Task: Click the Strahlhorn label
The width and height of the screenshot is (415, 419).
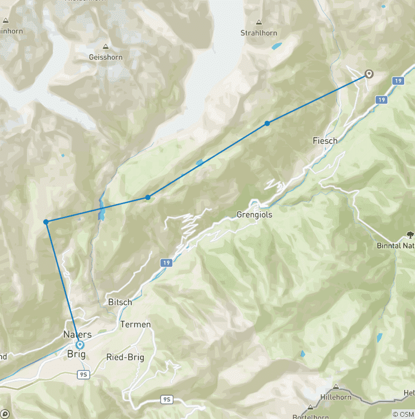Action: click(258, 33)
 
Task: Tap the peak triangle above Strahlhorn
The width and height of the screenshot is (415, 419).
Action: click(259, 23)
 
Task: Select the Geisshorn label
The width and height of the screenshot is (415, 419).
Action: click(105, 57)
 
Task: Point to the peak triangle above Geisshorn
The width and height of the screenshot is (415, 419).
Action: click(105, 47)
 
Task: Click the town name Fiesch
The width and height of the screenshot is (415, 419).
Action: click(325, 141)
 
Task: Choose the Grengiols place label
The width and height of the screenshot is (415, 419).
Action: click(254, 215)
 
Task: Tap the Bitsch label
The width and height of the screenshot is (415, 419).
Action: click(120, 302)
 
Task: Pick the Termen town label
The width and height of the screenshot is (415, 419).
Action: click(136, 325)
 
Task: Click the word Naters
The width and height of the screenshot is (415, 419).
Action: click(77, 335)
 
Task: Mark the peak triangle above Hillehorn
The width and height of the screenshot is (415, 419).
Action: click(336, 387)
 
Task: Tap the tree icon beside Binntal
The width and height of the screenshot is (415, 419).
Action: click(409, 235)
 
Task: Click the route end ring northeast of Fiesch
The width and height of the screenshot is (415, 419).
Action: click(369, 74)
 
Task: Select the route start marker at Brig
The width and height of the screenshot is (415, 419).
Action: click(80, 344)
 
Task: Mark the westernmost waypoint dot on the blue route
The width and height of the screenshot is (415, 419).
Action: click(46, 222)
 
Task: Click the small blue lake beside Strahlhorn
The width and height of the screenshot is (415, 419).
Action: click(276, 46)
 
